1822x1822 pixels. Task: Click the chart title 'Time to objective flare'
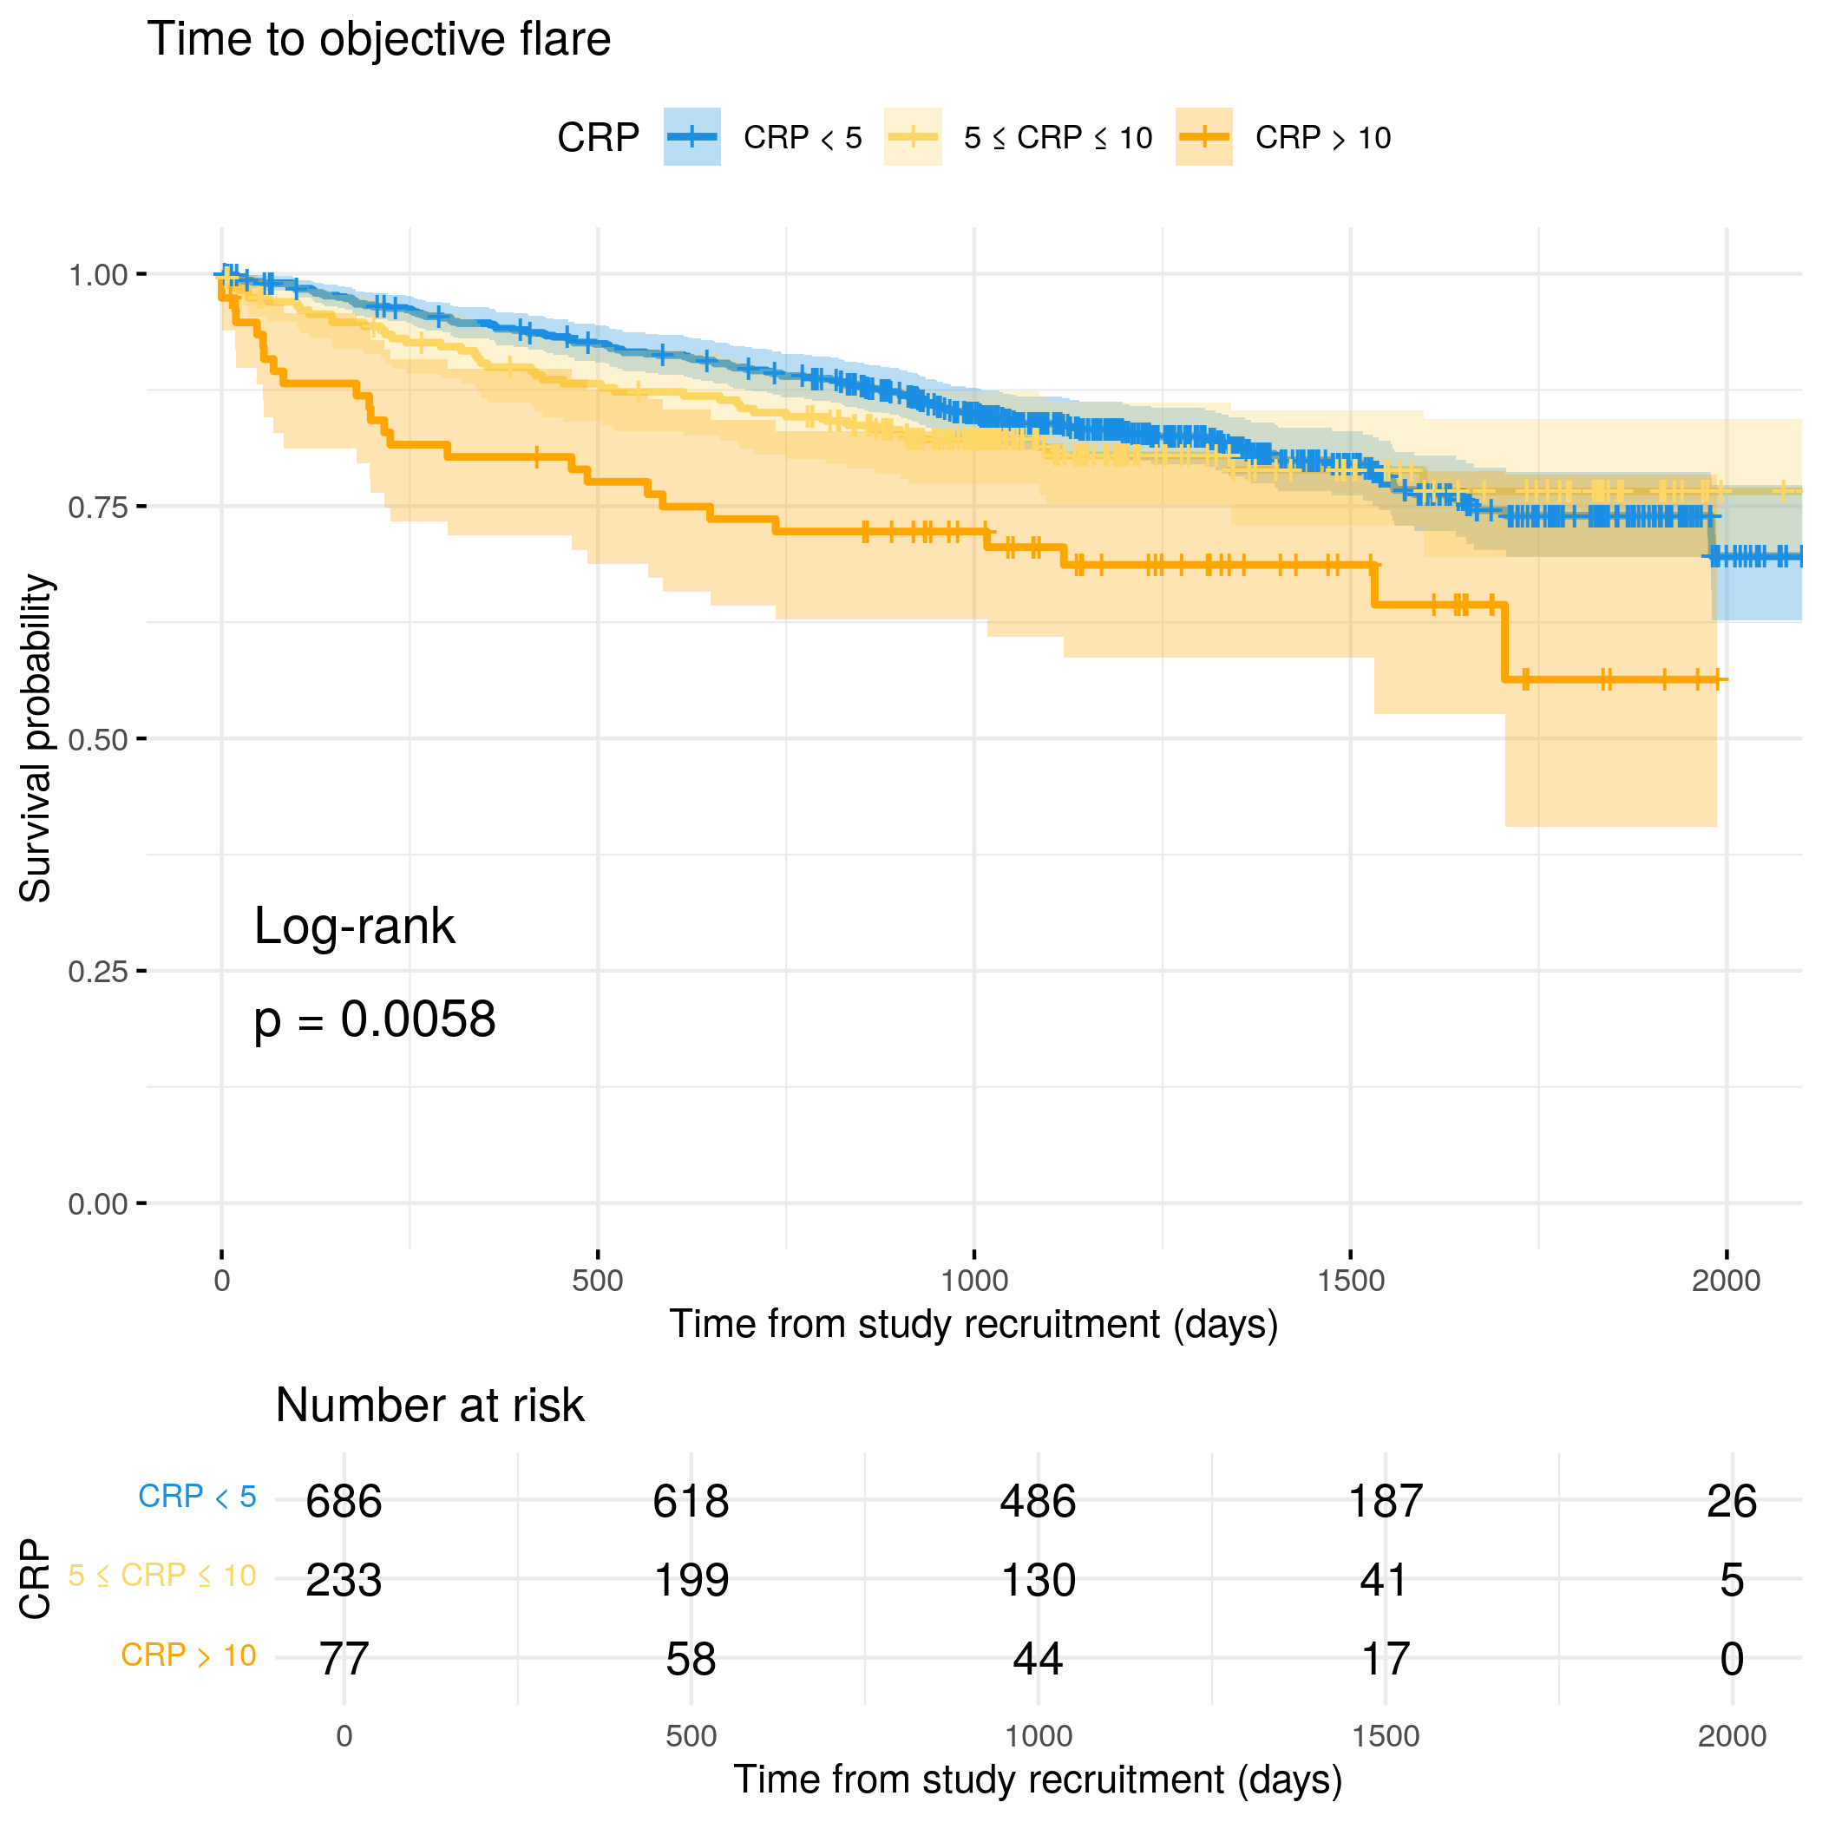(378, 40)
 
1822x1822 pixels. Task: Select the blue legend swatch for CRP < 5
(691, 137)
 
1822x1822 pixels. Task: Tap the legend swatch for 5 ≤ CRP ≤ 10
(912, 137)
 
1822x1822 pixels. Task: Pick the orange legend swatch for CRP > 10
(1203, 137)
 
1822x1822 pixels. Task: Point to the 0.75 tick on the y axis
(97, 508)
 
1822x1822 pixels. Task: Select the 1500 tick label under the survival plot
(1351, 1281)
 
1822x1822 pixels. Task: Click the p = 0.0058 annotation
(375, 1019)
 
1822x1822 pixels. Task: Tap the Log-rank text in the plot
(355, 926)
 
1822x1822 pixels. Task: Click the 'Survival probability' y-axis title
(36, 738)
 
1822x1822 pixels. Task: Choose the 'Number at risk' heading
(429, 1406)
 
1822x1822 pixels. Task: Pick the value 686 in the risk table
(344, 1501)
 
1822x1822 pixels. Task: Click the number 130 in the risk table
(1039, 1580)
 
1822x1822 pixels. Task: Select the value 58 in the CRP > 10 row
(691, 1659)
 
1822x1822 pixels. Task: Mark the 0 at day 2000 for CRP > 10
(1732, 1659)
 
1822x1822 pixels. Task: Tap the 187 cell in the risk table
(1386, 1501)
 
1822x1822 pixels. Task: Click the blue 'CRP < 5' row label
(197, 1497)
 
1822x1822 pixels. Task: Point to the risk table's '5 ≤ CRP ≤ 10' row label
(162, 1576)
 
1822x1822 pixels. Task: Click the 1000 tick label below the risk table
(1039, 1736)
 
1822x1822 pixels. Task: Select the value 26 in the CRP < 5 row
(1732, 1501)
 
